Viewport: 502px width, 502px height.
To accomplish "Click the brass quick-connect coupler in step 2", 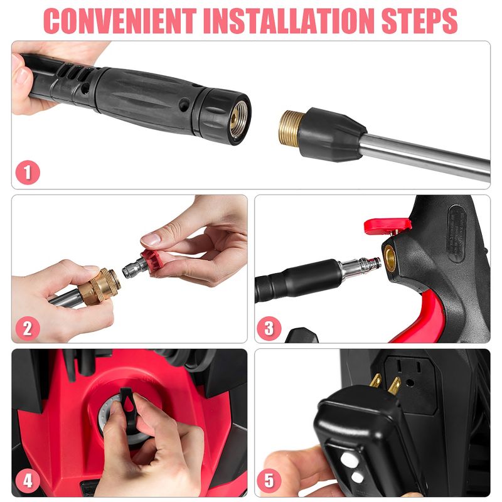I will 100,286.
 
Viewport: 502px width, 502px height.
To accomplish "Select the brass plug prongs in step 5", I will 381,383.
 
